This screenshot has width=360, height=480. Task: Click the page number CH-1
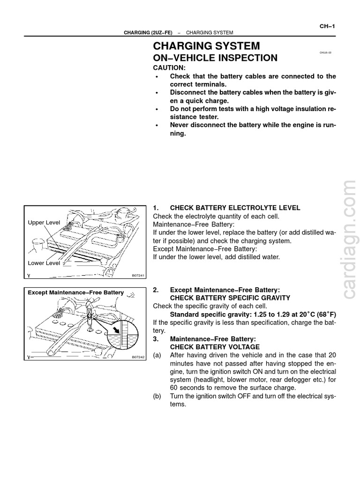click(327, 26)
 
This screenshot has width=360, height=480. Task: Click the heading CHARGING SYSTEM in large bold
click(206, 46)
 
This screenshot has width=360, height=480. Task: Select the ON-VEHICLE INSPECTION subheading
click(215, 58)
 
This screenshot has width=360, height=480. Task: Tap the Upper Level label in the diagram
click(44, 223)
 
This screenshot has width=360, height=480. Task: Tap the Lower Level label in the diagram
click(44, 263)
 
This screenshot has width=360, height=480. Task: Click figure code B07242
click(138, 357)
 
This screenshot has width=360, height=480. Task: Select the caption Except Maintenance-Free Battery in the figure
click(76, 292)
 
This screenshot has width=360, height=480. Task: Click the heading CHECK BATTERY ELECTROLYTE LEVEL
click(235, 208)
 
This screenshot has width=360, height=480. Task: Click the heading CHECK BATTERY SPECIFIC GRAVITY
click(230, 298)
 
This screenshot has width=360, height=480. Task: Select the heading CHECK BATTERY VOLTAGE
click(215, 347)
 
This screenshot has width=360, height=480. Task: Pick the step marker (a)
click(157, 355)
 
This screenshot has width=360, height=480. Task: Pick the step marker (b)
click(157, 396)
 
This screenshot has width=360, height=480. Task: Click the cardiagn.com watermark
click(350, 239)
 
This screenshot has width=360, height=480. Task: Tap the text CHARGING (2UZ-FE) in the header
click(148, 33)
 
